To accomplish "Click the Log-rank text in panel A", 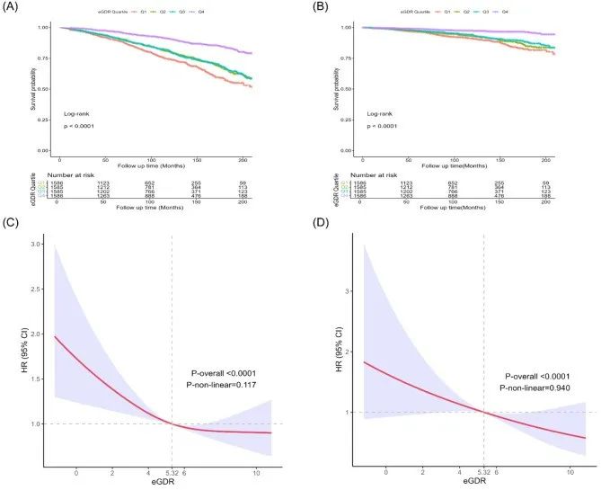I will (75, 114).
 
